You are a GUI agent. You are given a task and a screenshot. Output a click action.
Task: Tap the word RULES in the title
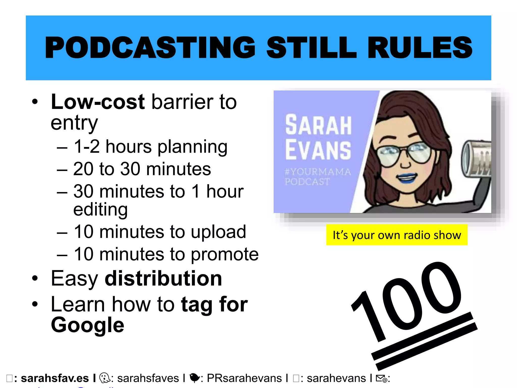point(420,47)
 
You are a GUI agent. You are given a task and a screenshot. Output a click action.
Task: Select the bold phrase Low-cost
point(98,102)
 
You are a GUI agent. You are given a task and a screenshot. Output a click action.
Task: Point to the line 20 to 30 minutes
point(142,169)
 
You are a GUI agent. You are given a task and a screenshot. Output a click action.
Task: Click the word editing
point(100,209)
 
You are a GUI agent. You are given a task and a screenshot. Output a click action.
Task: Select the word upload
point(218,232)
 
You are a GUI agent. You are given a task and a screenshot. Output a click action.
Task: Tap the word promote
point(224,254)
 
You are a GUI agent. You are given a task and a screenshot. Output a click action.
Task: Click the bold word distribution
point(163,278)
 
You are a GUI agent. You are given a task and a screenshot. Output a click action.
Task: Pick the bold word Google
point(87,325)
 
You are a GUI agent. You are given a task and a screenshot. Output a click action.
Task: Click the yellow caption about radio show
point(397,235)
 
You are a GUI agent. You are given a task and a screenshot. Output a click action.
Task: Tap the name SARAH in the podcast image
point(318,125)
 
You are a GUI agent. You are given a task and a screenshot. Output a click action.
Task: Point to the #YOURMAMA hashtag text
point(318,172)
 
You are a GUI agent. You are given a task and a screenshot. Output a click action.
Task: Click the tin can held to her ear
point(476,159)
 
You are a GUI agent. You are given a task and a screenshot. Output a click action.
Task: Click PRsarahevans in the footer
point(244,378)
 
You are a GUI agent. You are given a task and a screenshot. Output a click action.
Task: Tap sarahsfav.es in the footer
point(55,378)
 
